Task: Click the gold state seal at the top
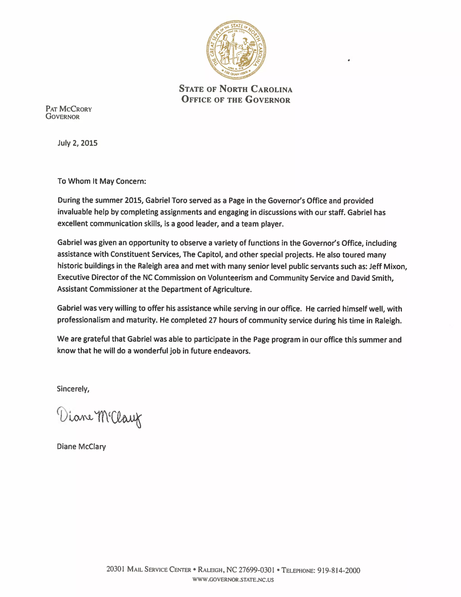coord(236,50)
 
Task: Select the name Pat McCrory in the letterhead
coord(69,109)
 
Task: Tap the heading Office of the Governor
coord(236,100)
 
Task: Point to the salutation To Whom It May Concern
coord(102,181)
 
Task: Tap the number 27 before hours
coord(212,320)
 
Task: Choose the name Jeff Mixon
coord(388,266)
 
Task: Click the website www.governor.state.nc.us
coord(233,579)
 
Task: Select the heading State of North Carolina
coord(236,89)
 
